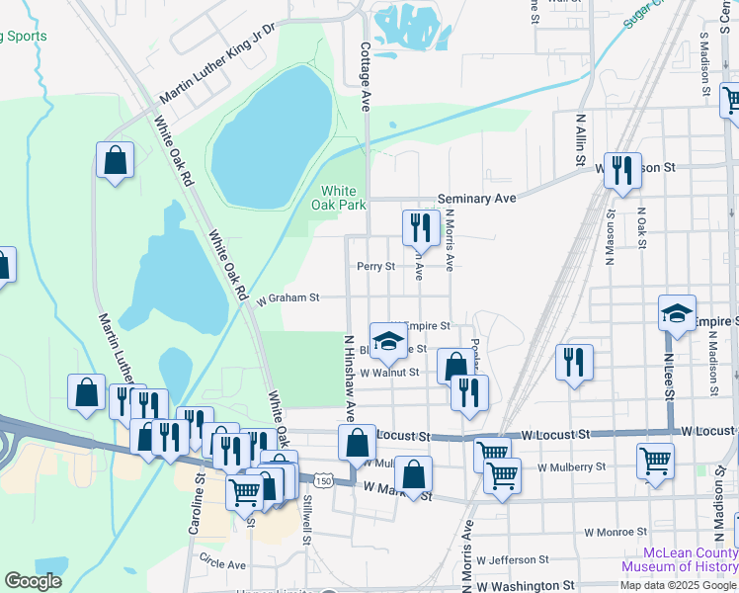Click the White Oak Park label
pos(339,198)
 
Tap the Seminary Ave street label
pos(478,199)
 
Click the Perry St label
pos(375,267)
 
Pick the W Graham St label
pos(288,296)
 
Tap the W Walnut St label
pos(390,373)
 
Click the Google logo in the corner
pos(34,581)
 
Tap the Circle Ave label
pos(222,564)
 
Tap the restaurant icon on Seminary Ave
pos(421,227)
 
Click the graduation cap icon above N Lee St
pos(678,312)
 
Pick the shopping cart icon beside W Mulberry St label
pos(655,460)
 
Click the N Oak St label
pos(641,227)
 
